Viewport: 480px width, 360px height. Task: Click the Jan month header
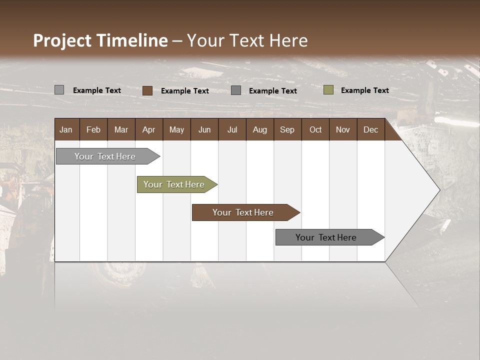point(66,130)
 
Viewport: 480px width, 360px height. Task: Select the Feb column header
point(93,130)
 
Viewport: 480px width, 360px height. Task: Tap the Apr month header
point(148,130)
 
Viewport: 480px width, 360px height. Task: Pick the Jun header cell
point(204,130)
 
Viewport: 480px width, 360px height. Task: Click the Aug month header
point(259,130)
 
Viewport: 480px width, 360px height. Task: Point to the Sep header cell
point(287,130)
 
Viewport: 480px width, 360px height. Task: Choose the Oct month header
point(315,130)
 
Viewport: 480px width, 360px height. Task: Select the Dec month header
point(370,130)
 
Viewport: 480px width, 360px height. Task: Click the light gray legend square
point(59,90)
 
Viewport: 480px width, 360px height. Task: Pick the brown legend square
point(147,90)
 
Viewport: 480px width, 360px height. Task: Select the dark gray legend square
point(236,90)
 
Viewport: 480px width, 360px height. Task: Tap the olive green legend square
point(328,90)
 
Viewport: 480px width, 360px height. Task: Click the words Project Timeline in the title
point(100,40)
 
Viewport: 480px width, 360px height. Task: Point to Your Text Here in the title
point(247,40)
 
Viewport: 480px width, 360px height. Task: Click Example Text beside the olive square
point(364,90)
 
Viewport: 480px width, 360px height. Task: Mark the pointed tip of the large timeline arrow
point(439,190)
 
